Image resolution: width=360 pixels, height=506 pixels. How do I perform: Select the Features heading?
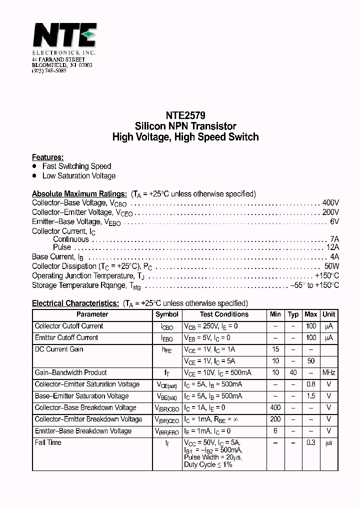(x=47, y=157)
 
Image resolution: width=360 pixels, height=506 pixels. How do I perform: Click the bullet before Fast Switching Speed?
(x=34, y=166)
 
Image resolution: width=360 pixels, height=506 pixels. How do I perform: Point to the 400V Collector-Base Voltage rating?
(x=330, y=203)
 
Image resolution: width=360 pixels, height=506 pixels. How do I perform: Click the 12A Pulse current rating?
(x=332, y=247)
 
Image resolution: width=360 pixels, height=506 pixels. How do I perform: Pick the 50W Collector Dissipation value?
(x=331, y=266)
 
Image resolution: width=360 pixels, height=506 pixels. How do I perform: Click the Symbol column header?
(x=167, y=314)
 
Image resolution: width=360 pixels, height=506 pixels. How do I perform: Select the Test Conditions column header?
(x=224, y=314)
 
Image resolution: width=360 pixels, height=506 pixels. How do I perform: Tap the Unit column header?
(x=329, y=314)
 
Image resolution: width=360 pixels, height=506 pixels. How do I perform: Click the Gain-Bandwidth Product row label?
(x=70, y=372)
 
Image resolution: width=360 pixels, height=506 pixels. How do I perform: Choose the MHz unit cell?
(x=329, y=372)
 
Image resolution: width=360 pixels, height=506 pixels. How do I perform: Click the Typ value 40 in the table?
(x=293, y=372)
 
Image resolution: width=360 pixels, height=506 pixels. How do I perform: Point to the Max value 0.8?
(x=311, y=384)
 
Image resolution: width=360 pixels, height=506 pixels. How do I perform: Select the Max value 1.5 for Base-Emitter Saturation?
(x=311, y=396)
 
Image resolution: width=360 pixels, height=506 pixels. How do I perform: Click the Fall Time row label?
(x=48, y=442)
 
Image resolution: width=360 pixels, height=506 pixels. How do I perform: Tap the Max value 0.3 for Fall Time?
(x=311, y=442)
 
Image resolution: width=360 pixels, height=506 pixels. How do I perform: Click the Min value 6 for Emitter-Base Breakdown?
(x=275, y=431)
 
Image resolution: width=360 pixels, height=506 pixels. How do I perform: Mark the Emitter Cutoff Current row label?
(x=66, y=338)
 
